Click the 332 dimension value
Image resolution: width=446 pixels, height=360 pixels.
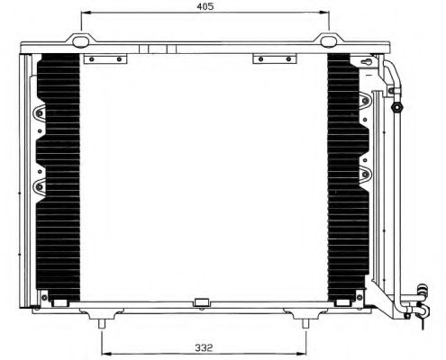click(202, 346)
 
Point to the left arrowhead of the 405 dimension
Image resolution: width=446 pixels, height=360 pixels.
click(83, 13)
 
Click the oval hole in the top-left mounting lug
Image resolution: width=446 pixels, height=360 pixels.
click(82, 40)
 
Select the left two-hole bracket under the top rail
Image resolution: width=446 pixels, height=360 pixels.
click(104, 60)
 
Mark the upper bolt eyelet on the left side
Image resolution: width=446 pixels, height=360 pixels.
click(38, 114)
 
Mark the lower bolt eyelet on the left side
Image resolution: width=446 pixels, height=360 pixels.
click(38, 187)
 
